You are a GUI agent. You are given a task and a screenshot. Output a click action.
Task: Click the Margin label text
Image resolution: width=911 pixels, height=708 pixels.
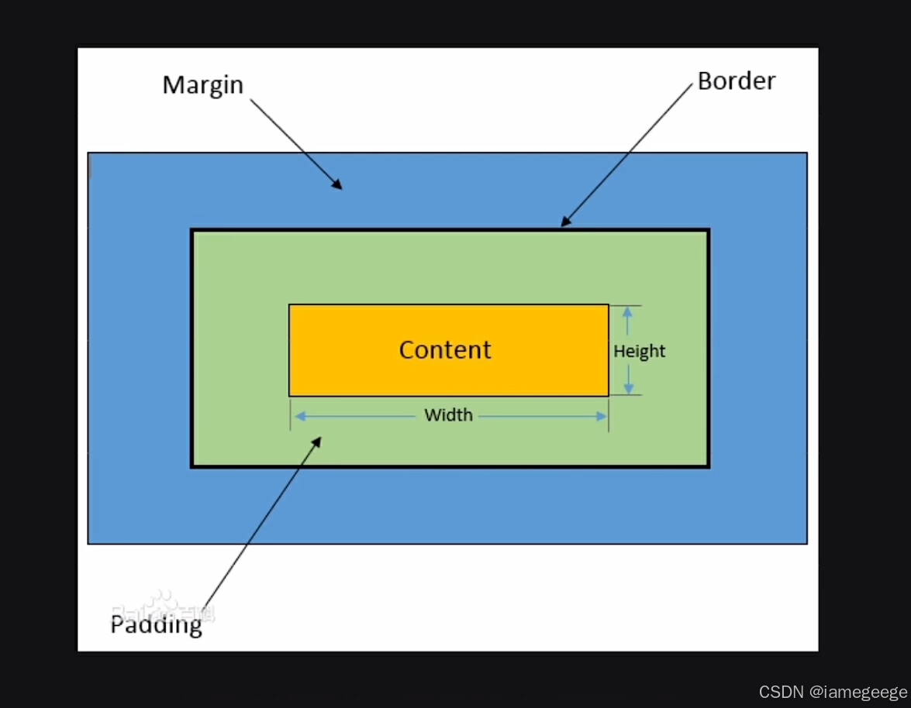pyautogui.click(x=202, y=85)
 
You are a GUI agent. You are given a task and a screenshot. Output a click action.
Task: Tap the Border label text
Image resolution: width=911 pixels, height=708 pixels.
pyautogui.click(x=736, y=81)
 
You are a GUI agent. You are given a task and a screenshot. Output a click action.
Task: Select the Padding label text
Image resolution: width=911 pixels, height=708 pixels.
pyautogui.click(x=156, y=624)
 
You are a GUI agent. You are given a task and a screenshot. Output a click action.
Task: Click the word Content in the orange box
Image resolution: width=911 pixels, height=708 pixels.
pyautogui.click(x=445, y=350)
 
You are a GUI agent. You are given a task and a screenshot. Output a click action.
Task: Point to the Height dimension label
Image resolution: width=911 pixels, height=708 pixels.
pyautogui.click(x=640, y=352)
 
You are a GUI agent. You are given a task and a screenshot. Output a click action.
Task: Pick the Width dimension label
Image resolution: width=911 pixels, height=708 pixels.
pyautogui.click(x=448, y=415)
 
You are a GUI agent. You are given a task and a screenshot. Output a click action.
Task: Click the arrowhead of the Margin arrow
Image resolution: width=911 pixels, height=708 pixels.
pyautogui.click(x=338, y=186)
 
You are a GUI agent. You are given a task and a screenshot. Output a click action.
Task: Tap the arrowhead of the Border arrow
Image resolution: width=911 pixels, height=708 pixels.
pyautogui.click(x=564, y=223)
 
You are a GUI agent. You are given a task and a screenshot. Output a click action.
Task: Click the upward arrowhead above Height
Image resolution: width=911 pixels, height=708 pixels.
pyautogui.click(x=628, y=310)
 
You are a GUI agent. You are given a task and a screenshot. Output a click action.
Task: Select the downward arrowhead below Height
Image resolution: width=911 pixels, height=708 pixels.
pyautogui.click(x=628, y=390)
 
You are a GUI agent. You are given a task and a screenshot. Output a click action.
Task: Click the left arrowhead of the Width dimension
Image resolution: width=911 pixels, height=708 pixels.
pyautogui.click(x=298, y=417)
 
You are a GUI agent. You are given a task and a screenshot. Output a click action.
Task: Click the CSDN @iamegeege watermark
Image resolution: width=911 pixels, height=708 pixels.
pyautogui.click(x=833, y=692)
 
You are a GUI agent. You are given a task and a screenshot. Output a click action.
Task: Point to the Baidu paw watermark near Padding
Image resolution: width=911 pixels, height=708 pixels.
pyautogui.click(x=163, y=604)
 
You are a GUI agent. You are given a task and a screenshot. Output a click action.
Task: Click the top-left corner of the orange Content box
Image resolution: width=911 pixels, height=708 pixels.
pyautogui.click(x=290, y=305)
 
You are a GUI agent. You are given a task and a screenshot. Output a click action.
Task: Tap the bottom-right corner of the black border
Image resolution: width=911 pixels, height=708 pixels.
pyautogui.click(x=708, y=466)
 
